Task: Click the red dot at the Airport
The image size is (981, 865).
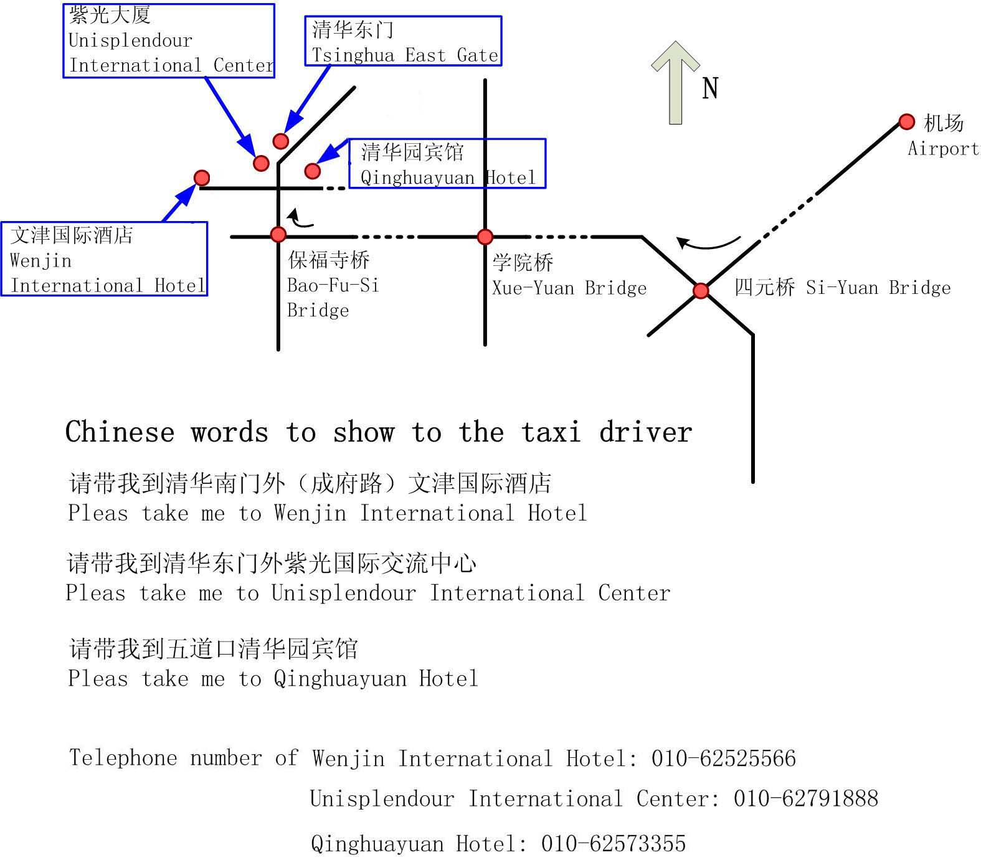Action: point(907,121)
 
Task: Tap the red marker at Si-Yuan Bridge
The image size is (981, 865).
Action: point(701,291)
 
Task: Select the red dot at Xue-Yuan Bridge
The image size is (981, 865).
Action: point(485,237)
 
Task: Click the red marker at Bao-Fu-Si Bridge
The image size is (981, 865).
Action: point(278,234)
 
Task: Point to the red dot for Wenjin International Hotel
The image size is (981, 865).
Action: point(202,178)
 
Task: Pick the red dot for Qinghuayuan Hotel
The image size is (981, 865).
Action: point(313,171)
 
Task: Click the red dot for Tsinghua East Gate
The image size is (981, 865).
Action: point(281,141)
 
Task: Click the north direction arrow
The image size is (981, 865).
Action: point(675,82)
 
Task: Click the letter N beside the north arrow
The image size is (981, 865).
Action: point(710,88)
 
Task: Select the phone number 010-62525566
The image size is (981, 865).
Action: point(724,759)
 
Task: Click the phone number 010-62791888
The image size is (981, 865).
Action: point(806,798)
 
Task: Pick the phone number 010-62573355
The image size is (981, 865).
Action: point(614,843)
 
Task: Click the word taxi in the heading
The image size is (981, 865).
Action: point(552,432)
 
